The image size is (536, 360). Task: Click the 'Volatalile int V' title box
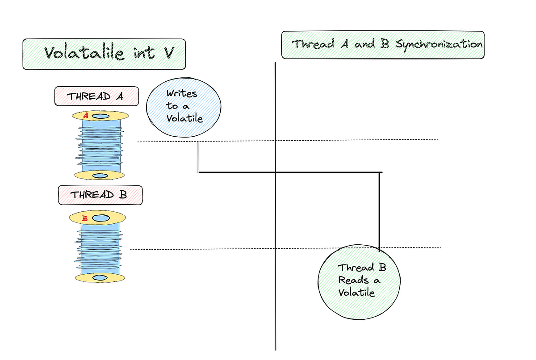(x=104, y=54)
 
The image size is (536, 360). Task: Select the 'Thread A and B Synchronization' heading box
(x=383, y=45)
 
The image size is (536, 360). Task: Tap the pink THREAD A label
(x=96, y=96)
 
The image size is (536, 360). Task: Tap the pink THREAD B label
(x=100, y=195)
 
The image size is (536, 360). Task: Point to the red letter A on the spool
(x=86, y=116)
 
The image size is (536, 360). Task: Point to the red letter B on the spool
(x=85, y=218)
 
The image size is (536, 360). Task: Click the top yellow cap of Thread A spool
(x=114, y=116)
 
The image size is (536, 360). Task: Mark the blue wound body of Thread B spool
(x=100, y=248)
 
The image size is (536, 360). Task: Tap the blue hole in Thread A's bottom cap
(x=100, y=175)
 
